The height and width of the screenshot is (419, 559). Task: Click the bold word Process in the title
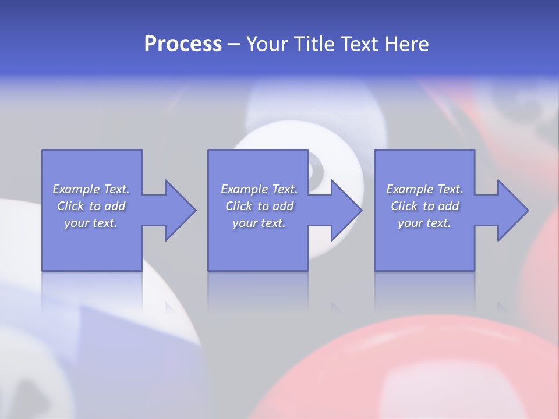click(x=183, y=44)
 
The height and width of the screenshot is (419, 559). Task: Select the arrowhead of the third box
click(x=512, y=210)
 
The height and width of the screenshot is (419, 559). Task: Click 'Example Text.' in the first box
click(x=91, y=189)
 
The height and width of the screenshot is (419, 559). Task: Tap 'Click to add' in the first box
click(x=91, y=206)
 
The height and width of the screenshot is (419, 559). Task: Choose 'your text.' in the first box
click(x=91, y=223)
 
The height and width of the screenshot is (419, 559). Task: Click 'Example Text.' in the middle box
click(x=259, y=189)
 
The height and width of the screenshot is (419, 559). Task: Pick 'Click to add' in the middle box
click(x=259, y=206)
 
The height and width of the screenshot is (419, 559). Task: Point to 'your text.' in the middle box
click(x=259, y=223)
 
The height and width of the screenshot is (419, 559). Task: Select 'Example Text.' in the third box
click(x=424, y=189)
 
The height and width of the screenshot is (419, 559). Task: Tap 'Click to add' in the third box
click(x=424, y=206)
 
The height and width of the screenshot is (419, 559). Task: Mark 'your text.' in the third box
click(x=424, y=223)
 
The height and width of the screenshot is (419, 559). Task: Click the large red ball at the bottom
click(x=408, y=372)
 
